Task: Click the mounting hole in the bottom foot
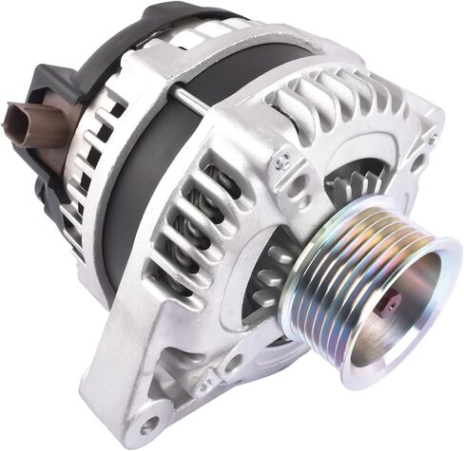click(x=148, y=423)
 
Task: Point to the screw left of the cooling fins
click(x=281, y=162)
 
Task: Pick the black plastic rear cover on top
click(x=162, y=24)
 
